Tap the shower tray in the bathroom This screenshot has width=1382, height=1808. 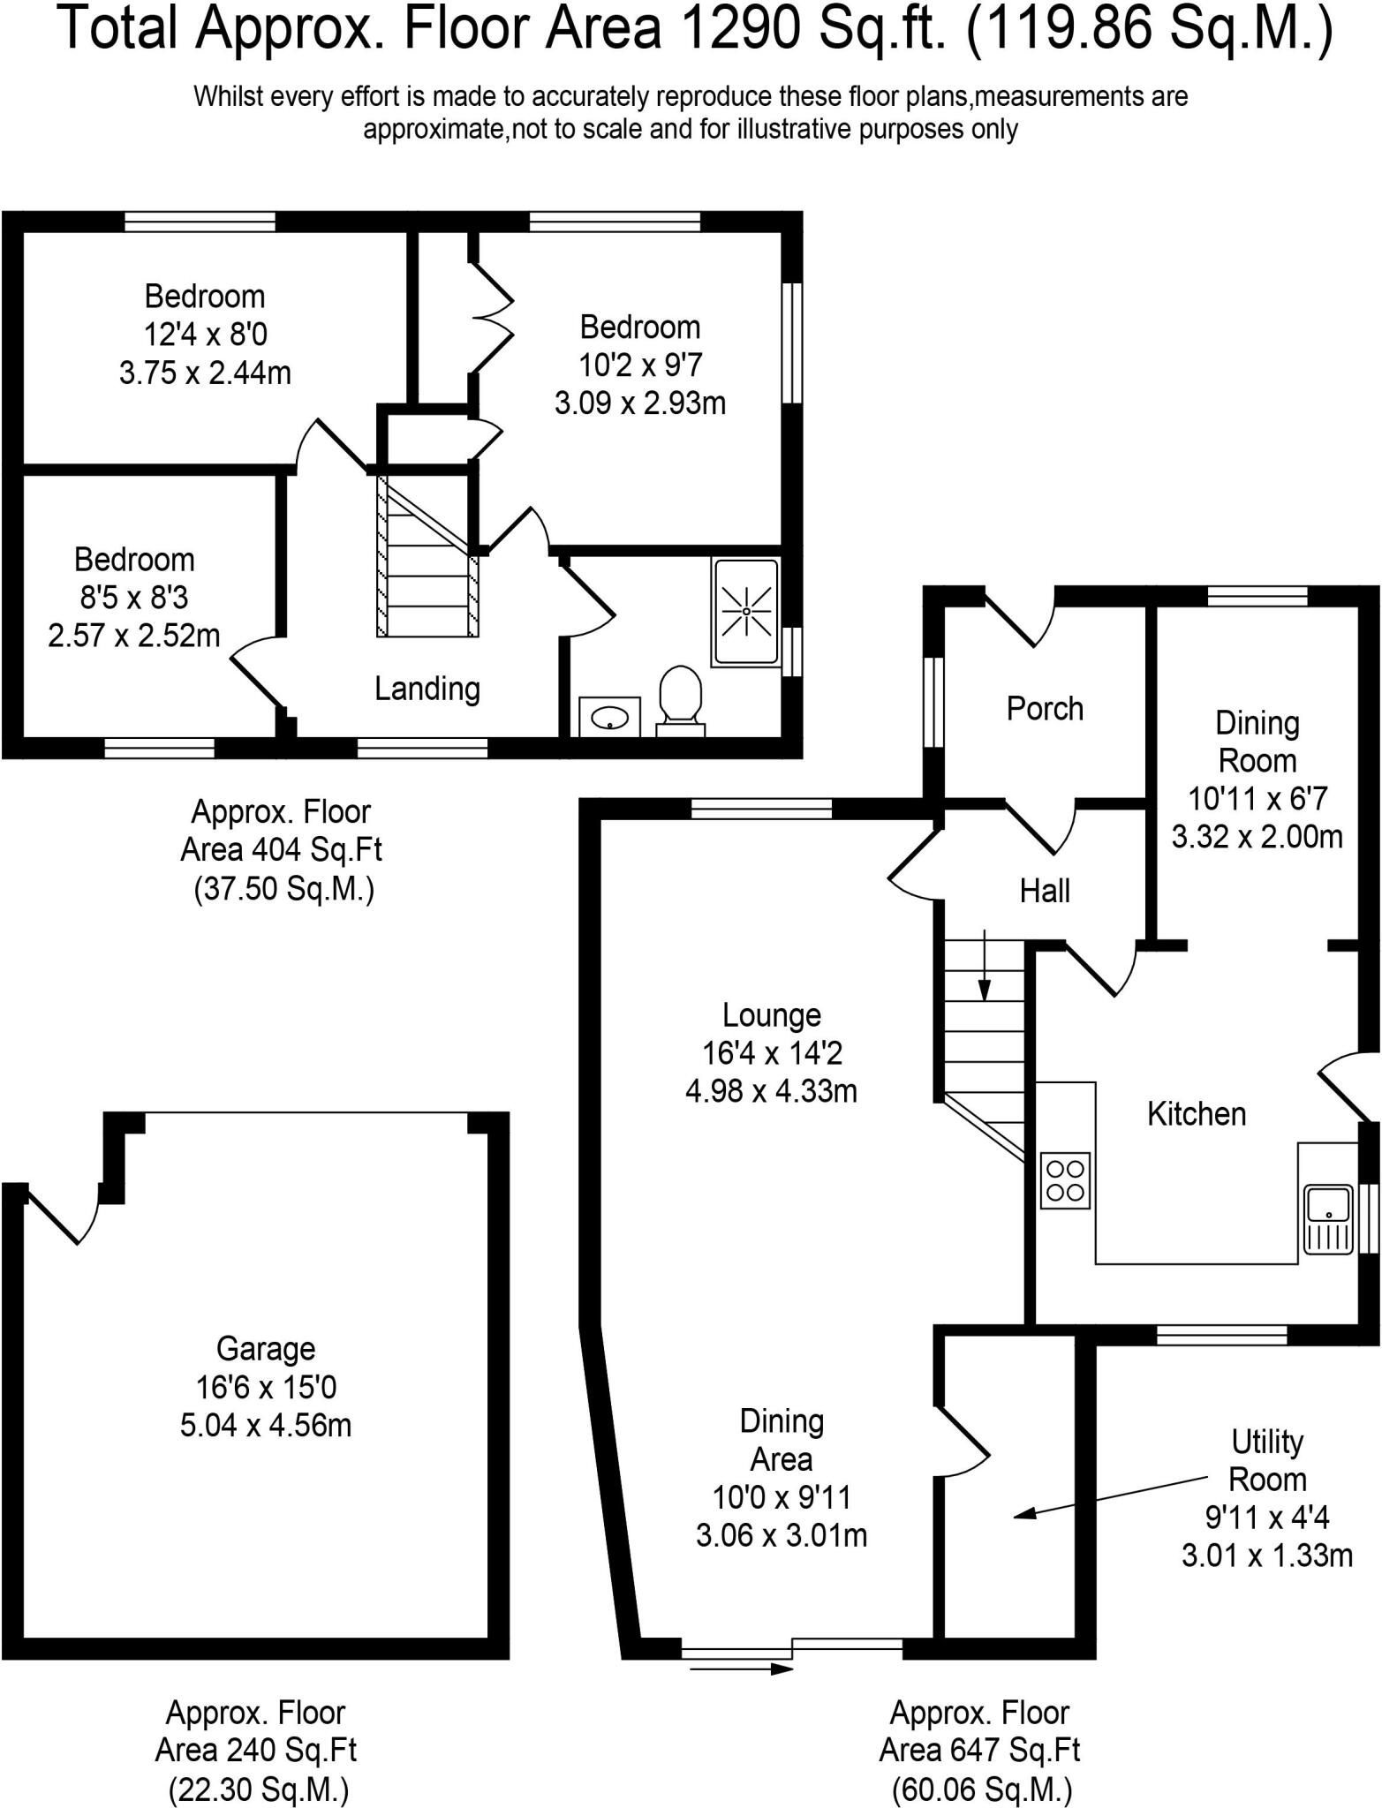tap(746, 612)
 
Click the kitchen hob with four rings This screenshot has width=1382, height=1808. tap(1066, 1180)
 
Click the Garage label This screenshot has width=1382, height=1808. tap(266, 1349)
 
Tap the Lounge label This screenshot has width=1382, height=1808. tap(772, 1015)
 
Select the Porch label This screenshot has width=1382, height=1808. tap(1045, 709)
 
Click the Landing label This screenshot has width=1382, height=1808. tap(427, 689)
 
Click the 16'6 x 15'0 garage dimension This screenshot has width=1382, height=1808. tap(266, 1388)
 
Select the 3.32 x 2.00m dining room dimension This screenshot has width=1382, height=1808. tap(1257, 837)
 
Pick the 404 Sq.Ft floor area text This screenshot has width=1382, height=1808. tap(317, 850)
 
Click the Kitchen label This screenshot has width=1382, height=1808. tap(1197, 1114)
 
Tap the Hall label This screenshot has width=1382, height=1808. tap(1045, 892)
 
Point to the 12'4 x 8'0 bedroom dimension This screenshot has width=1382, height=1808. tap(205, 335)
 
